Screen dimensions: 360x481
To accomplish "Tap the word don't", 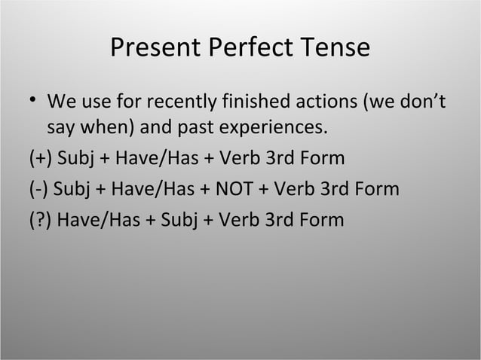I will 422,100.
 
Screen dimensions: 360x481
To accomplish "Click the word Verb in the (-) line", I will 296,189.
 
